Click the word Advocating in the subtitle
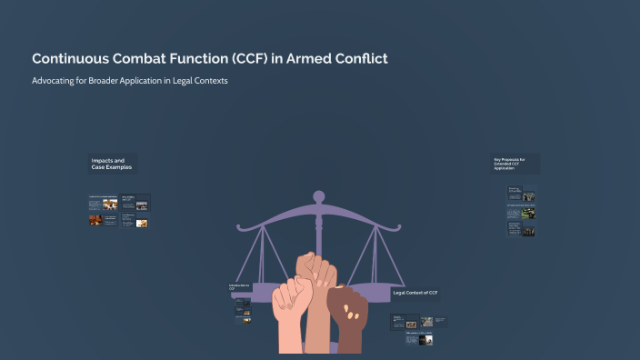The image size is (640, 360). point(54,80)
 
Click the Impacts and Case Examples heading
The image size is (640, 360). point(111,165)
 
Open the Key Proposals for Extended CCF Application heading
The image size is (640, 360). point(515,164)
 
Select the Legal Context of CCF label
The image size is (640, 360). point(415,293)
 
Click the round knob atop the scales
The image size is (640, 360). point(318,195)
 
